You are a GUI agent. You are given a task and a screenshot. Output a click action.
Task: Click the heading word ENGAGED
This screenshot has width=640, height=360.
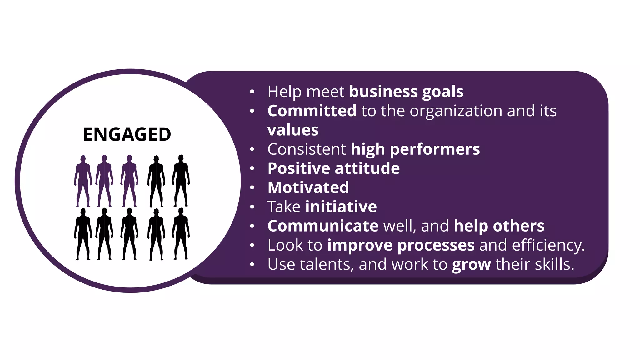127,135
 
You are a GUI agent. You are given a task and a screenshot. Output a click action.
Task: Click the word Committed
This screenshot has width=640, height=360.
312,111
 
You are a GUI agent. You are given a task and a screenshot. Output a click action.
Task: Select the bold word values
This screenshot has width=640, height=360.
293,130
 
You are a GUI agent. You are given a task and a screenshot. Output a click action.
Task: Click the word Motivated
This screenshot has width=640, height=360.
308,187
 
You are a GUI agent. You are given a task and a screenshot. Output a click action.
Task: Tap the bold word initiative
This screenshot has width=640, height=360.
341,207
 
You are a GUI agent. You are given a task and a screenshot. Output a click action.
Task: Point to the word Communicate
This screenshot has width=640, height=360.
323,226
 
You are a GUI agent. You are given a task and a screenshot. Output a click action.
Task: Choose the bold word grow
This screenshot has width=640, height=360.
471,265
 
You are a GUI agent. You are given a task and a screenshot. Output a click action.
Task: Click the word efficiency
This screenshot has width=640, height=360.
548,245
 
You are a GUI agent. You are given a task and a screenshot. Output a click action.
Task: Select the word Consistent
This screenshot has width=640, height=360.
307,149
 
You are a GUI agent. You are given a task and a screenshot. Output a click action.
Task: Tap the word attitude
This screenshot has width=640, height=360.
367,168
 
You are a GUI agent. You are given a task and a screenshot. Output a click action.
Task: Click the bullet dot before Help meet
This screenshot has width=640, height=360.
252,92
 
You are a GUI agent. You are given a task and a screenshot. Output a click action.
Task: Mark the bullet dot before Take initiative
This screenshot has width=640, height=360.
252,207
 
